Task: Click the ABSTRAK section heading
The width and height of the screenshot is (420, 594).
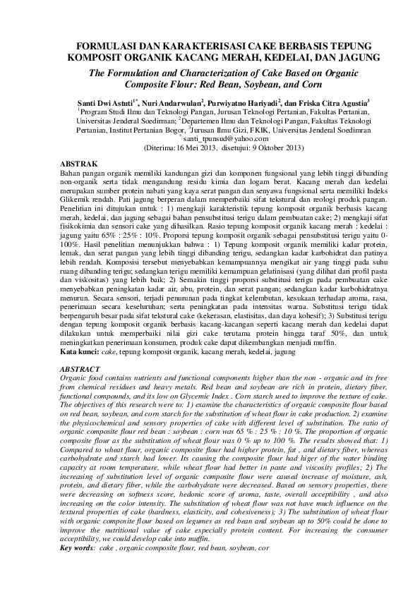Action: click(78, 163)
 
